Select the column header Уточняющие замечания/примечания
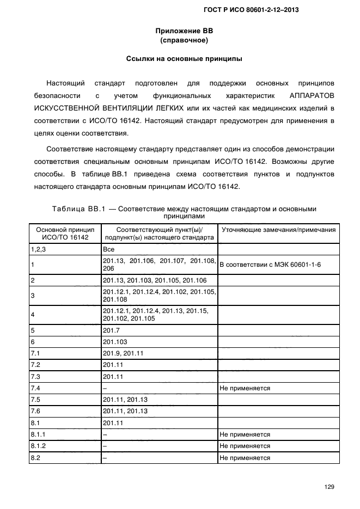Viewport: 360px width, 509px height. pos(277,230)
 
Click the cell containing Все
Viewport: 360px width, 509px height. pos(108,249)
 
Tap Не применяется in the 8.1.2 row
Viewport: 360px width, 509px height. pos(245,446)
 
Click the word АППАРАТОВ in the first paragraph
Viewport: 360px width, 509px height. pos(310,95)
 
